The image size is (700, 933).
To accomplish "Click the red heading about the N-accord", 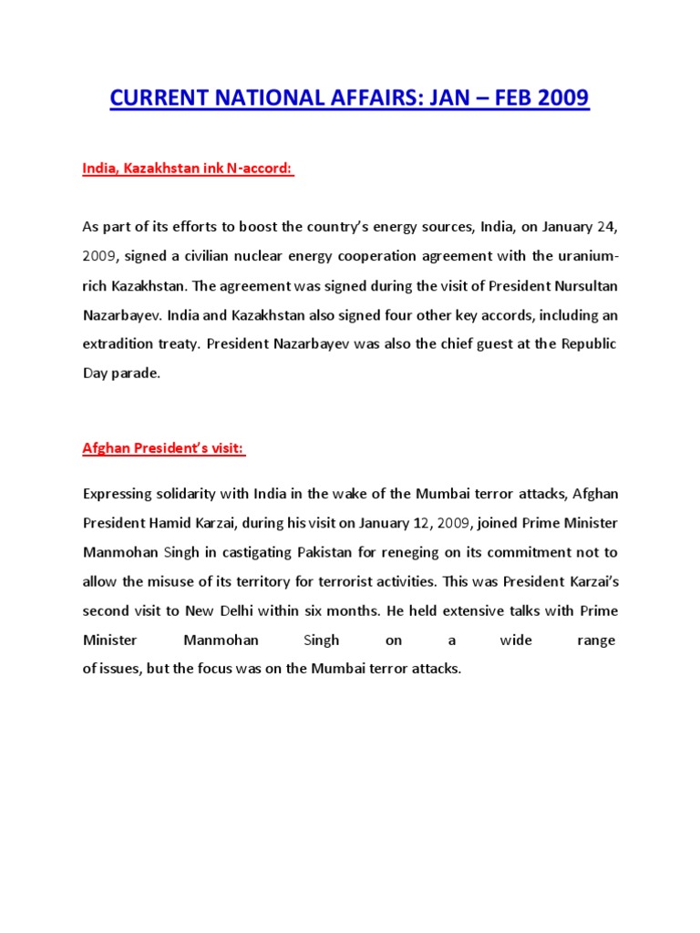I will [189, 169].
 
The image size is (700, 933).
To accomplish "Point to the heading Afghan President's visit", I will [164, 448].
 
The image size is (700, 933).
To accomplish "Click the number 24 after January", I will [603, 225].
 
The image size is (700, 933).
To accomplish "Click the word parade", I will [136, 374].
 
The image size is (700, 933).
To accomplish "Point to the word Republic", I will [588, 343].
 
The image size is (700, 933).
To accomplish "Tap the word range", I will [597, 641].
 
